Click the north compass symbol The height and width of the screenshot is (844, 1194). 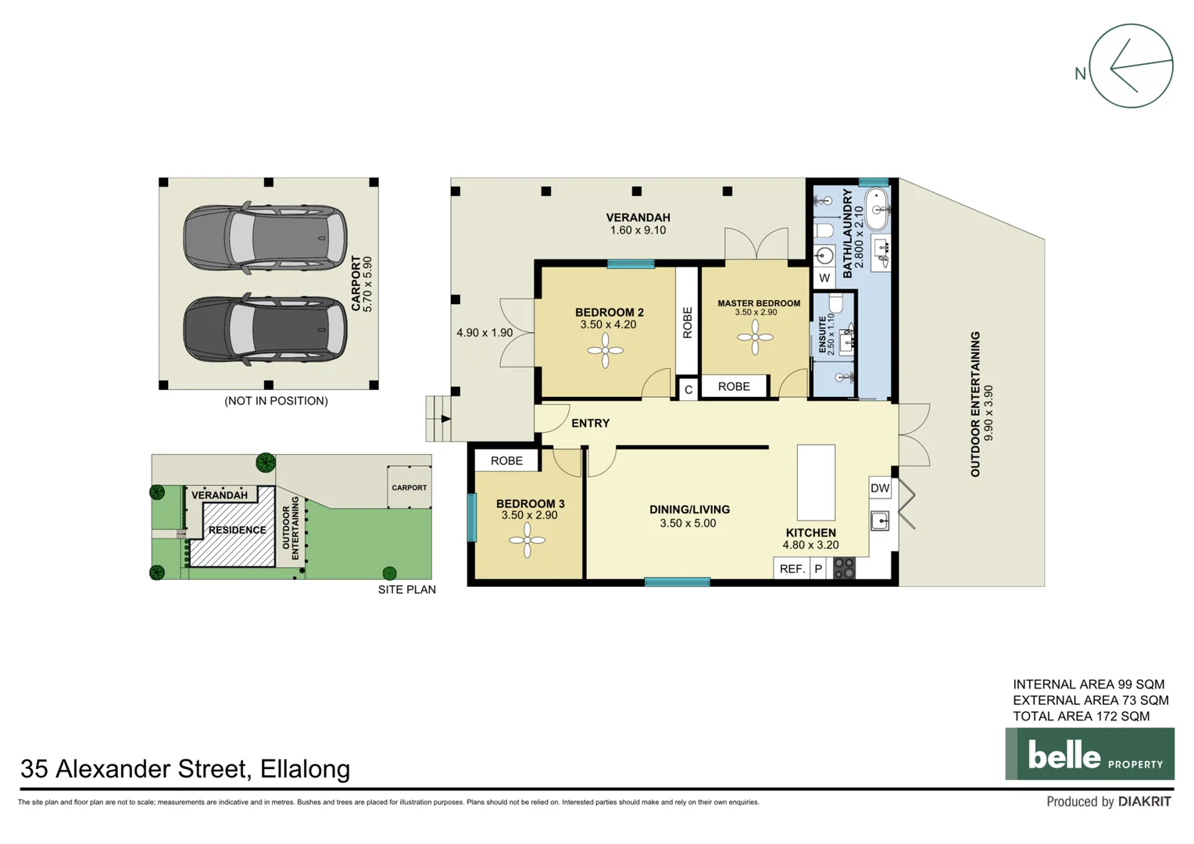(x=1130, y=66)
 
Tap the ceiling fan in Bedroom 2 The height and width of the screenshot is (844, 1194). (x=606, y=351)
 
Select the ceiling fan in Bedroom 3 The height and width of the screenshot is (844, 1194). (x=527, y=540)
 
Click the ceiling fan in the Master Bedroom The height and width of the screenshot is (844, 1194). (x=755, y=338)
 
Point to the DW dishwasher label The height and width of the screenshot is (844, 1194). (x=880, y=488)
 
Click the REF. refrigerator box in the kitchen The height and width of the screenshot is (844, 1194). (x=792, y=569)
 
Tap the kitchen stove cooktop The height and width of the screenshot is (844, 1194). (x=844, y=568)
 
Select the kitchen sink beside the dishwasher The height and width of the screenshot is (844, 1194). (x=880, y=520)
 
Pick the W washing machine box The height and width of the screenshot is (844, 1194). (x=824, y=277)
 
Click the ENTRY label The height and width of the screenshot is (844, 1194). (x=590, y=423)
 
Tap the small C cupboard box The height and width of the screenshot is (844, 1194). (x=688, y=389)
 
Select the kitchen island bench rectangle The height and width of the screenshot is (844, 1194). (x=816, y=482)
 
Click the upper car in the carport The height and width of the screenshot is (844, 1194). (x=265, y=238)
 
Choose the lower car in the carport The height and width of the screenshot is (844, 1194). (x=265, y=330)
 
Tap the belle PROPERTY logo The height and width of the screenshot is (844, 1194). (x=1089, y=754)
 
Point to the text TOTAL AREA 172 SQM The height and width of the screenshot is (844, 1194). (x=1081, y=716)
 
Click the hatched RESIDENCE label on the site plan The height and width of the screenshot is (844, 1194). (x=237, y=530)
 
